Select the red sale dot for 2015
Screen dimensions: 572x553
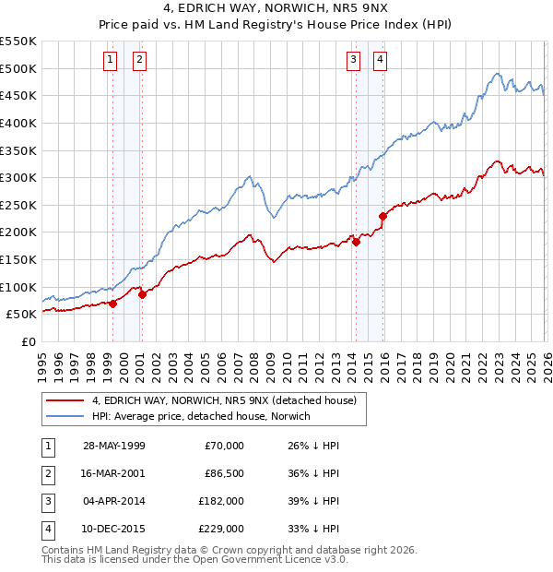[382, 216]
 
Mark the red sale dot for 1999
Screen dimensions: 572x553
[112, 303]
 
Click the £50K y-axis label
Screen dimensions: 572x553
[22, 314]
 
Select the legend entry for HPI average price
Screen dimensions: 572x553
[201, 416]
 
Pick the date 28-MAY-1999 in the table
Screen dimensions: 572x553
[113, 446]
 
